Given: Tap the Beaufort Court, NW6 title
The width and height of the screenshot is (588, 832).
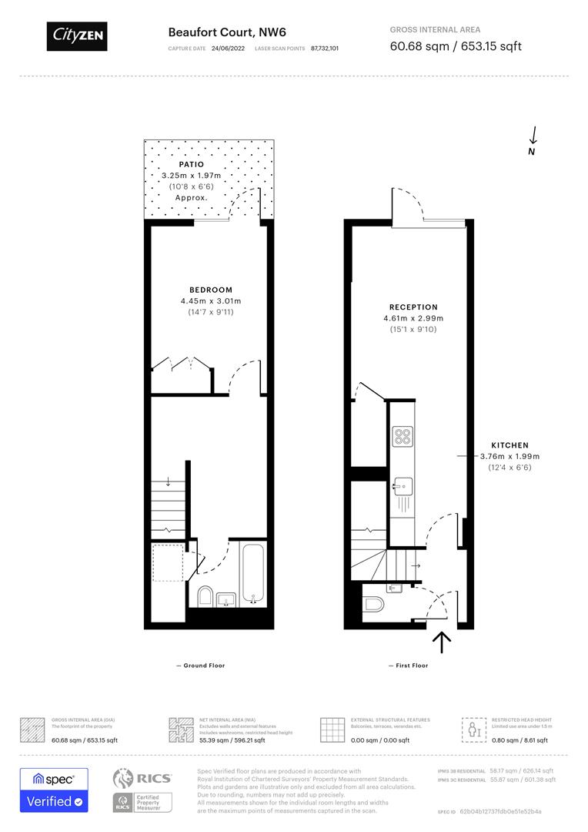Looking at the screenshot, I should (x=211, y=32).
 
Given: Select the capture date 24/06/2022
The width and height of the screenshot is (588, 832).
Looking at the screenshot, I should (x=227, y=48).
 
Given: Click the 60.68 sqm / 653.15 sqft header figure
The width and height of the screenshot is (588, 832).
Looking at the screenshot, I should (x=456, y=46).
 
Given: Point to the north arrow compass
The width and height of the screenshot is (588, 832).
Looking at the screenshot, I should (x=533, y=139).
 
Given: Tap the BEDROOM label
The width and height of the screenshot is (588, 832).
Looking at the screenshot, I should (x=211, y=290).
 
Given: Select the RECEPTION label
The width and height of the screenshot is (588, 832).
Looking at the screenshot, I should (x=413, y=307).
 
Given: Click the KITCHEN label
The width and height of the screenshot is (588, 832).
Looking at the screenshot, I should (x=510, y=445).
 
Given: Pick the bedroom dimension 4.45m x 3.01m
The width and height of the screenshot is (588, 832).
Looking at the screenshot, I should (x=211, y=301).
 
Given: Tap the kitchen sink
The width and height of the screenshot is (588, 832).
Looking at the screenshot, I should (x=402, y=487).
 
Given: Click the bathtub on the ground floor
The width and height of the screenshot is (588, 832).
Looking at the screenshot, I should (x=253, y=574).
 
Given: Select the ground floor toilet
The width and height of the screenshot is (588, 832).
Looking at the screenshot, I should (x=205, y=595).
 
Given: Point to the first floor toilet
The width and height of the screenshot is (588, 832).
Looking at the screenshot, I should (x=373, y=602).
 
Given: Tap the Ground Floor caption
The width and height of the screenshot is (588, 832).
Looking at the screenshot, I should (x=201, y=666).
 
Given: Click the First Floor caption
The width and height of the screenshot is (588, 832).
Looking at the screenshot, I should (x=409, y=666).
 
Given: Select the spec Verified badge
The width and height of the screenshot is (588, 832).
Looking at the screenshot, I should (x=54, y=790).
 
